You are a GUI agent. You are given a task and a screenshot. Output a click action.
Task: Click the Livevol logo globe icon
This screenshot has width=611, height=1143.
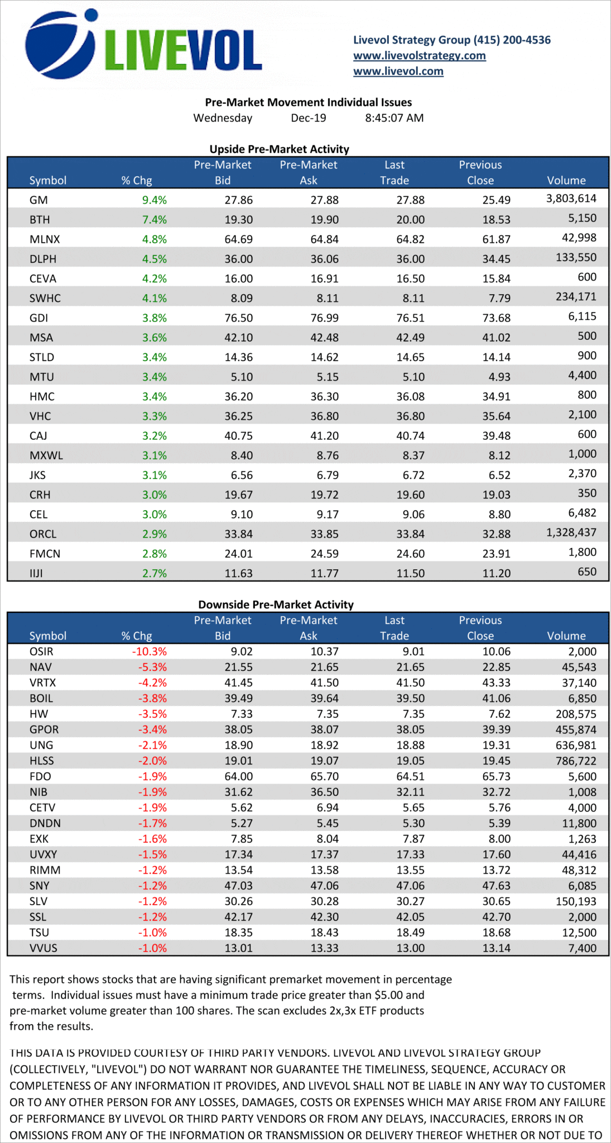(x=60, y=45)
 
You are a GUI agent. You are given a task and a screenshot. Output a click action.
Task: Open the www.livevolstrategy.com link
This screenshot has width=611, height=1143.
(x=419, y=55)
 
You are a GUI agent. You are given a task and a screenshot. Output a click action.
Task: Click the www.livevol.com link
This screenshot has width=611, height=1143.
(x=398, y=71)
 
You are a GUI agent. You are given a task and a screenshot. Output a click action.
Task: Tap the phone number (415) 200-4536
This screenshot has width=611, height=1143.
(x=512, y=40)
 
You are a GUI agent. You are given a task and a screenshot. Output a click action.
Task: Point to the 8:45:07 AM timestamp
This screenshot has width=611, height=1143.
(x=394, y=118)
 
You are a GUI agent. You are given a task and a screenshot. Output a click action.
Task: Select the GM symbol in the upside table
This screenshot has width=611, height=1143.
(x=39, y=200)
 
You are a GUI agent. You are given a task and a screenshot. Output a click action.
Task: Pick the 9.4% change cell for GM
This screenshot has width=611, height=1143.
(x=154, y=200)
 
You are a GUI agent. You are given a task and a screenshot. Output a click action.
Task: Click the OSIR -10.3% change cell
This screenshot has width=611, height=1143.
(x=149, y=651)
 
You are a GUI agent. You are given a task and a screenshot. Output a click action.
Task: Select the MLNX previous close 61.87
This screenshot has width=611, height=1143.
(x=496, y=239)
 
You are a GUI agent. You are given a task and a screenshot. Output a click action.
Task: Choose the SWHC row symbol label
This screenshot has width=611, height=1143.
(x=45, y=298)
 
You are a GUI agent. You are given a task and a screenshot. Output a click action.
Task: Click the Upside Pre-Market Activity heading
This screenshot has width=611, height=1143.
(x=279, y=149)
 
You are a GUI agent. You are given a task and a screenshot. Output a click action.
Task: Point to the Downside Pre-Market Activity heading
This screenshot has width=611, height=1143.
(x=276, y=604)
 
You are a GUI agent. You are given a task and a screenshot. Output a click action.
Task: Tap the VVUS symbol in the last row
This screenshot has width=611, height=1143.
(x=43, y=948)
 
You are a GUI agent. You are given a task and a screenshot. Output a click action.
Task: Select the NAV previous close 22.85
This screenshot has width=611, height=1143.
(x=496, y=667)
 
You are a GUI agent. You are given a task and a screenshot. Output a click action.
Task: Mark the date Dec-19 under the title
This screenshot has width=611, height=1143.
(x=308, y=118)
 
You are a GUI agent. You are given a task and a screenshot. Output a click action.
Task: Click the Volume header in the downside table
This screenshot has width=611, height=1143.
(x=566, y=636)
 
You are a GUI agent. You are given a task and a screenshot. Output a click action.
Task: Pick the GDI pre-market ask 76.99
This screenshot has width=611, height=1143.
(x=324, y=318)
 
